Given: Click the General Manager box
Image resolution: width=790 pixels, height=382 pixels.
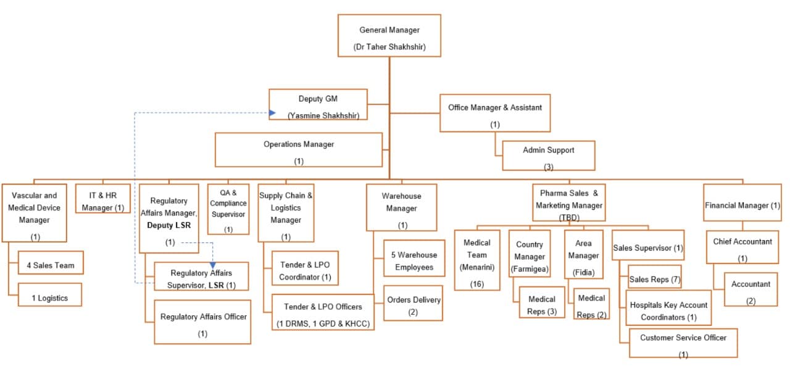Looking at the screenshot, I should pos(389,36).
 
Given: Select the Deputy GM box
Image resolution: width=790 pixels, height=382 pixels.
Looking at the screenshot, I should pos(318,105).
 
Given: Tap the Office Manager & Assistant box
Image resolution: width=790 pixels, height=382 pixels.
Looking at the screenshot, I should pos(494,113).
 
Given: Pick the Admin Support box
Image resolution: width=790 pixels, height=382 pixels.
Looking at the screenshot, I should pos(548,156).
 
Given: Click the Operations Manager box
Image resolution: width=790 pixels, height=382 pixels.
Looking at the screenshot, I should pos(299,150).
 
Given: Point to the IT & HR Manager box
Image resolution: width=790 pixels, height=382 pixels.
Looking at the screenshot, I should pos(103,199).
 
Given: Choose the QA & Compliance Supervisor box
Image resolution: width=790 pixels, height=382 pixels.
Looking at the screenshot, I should pos(228,209).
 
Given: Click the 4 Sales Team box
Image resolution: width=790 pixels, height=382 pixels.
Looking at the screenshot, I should pos(51,265).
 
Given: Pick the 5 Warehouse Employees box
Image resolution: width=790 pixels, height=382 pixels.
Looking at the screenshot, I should pos(414,261).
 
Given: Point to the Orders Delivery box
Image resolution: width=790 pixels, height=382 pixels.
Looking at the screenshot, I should pos(413,304).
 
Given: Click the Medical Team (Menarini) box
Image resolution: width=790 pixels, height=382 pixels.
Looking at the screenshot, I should pos(476,260).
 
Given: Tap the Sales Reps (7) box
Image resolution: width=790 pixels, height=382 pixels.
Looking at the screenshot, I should pos(654,279).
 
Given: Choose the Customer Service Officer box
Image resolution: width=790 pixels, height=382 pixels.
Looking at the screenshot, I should pos(683,343).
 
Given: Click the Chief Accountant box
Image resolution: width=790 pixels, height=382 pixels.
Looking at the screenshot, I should pos(742,248).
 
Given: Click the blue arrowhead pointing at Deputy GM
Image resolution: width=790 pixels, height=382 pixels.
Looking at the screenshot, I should pos(272,113).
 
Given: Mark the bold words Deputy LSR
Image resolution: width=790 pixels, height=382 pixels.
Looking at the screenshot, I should pos(168,225).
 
